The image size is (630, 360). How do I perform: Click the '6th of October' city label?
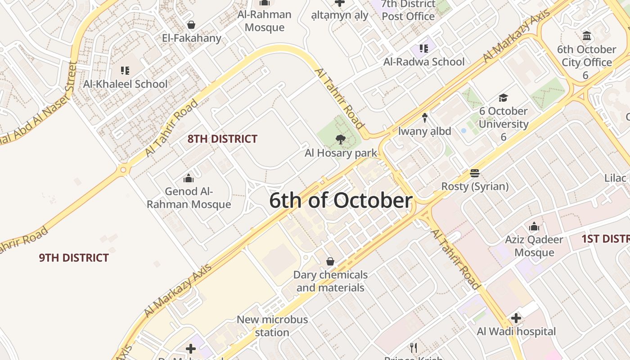tap(341, 201)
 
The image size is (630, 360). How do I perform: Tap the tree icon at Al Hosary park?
tap(341, 139)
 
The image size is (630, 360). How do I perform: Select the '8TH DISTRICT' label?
tap(222, 139)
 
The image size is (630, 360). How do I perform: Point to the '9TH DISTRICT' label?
tap(74, 258)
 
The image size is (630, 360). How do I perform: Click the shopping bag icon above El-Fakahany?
tap(191, 25)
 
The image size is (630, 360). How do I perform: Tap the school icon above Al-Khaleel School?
tap(125, 71)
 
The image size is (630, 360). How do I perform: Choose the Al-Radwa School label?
tap(424, 62)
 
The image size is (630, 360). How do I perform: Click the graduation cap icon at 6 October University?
tap(503, 98)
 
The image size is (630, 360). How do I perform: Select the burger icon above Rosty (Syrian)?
tap(474, 173)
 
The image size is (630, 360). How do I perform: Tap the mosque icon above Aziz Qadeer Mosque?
tap(534, 226)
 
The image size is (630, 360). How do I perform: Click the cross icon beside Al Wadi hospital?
tap(516, 319)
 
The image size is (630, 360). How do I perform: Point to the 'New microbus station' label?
tap(272, 326)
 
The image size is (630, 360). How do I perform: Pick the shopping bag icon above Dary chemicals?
tap(330, 261)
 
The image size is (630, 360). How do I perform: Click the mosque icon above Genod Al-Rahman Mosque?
tap(189, 179)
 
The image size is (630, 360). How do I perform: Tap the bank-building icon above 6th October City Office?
tap(586, 36)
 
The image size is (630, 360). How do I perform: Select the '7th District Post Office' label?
tap(408, 10)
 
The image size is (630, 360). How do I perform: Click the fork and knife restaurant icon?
tap(414, 347)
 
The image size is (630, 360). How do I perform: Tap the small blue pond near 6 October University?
tap(463, 131)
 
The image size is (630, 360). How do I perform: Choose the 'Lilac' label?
tap(615, 178)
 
